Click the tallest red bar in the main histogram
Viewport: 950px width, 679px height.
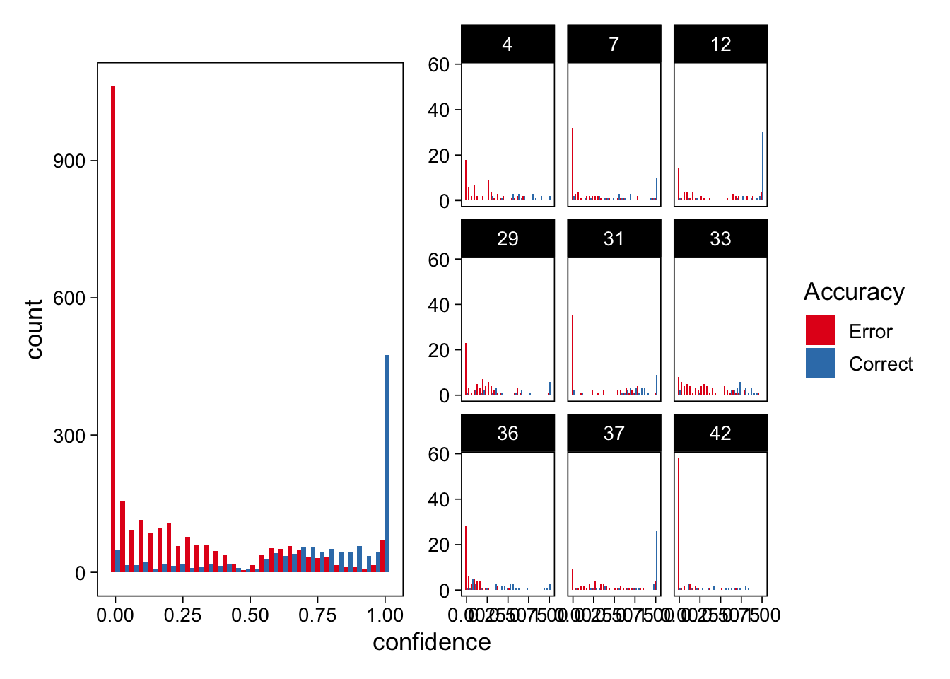pos(113,329)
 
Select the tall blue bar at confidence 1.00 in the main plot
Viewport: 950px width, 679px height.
pos(387,463)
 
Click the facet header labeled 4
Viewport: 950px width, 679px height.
pos(508,45)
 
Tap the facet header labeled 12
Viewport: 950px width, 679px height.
pos(720,45)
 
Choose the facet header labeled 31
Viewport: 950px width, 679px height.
pos(614,239)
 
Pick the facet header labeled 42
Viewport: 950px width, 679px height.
pos(720,434)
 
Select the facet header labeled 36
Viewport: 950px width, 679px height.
pos(508,434)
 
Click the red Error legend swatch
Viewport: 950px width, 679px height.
pos(821,330)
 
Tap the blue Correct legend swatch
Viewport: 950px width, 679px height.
pos(821,363)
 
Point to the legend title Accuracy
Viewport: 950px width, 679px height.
pos(854,291)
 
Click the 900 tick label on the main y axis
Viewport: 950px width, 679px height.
pos(69,161)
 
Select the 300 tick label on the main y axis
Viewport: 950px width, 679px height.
pos(69,436)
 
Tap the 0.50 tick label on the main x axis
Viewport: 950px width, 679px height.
pos(250,615)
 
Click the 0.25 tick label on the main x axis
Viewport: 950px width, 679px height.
pos(182,615)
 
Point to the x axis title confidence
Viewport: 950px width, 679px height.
pos(431,642)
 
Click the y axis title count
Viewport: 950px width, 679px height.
pos(34,329)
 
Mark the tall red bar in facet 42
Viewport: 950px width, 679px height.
pos(679,523)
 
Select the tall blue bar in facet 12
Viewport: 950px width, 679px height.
pos(763,166)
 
